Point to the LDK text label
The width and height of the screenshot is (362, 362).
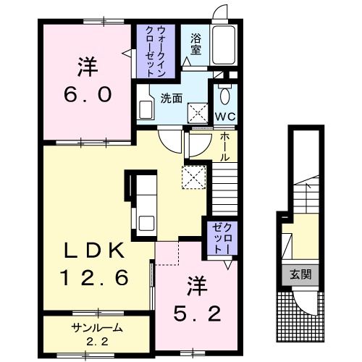pos(95,251)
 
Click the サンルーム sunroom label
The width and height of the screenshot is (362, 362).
pos(96,328)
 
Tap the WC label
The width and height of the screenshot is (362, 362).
pos(223,116)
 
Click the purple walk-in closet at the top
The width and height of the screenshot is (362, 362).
pos(152,51)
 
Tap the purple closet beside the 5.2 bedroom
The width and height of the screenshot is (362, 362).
pos(219,237)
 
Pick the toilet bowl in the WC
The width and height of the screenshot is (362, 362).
pos(223,95)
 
